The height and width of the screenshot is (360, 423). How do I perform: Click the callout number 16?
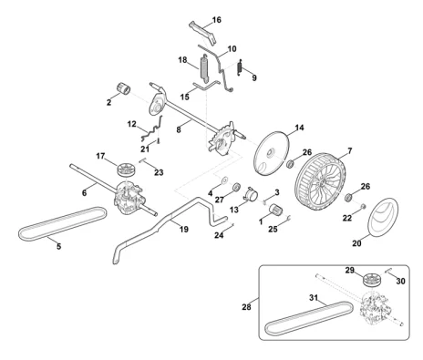click(x=216, y=20)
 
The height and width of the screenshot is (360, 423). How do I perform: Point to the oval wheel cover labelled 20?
click(x=383, y=217)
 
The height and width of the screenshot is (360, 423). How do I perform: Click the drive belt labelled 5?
click(x=62, y=223)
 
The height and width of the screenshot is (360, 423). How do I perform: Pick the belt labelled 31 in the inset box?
click(x=308, y=318)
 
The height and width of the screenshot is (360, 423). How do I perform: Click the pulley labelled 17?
click(x=126, y=169)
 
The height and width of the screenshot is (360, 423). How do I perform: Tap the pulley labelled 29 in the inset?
click(x=373, y=280)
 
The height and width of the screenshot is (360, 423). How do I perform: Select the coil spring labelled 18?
click(x=204, y=68)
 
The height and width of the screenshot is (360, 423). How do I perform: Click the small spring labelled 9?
click(x=240, y=67)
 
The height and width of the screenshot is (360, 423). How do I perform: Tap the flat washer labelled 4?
click(x=225, y=180)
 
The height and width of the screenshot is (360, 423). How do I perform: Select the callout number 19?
click(x=184, y=230)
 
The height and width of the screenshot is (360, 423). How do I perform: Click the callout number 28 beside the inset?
click(x=246, y=307)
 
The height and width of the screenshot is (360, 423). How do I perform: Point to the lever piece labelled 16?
click(x=204, y=33)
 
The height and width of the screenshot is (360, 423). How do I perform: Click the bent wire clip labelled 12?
click(x=152, y=129)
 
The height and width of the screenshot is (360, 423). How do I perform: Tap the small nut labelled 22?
click(x=362, y=207)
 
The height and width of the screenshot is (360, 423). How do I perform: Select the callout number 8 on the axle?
click(x=179, y=129)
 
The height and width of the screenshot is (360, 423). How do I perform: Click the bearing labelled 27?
click(x=236, y=187)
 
